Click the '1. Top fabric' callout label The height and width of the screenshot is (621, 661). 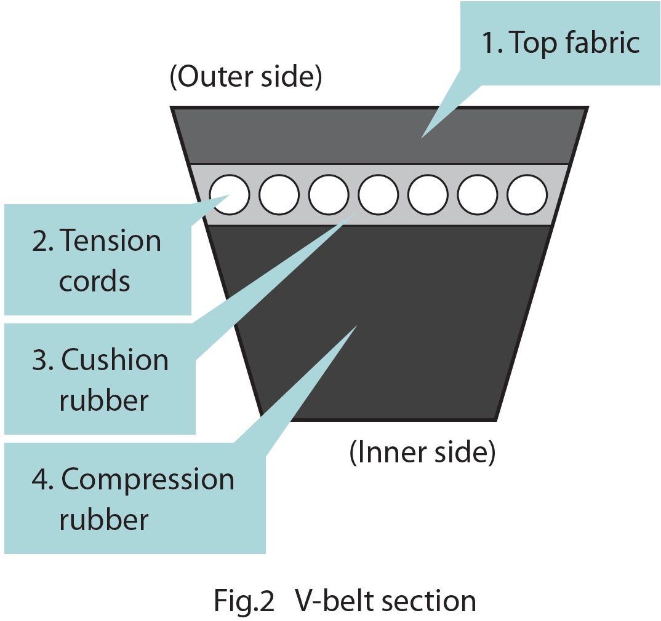tap(560, 43)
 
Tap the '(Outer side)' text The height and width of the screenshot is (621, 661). tap(246, 78)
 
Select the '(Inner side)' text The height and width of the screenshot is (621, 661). tap(422, 453)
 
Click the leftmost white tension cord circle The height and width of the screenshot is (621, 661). tap(230, 194)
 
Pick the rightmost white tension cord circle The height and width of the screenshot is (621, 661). tap(527, 194)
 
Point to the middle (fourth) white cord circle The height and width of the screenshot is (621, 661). tap(378, 194)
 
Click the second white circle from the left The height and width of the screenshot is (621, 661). tap(279, 194)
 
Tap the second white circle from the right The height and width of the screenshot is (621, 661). tap(478, 194)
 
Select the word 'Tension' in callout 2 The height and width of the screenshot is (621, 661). tap(111, 240)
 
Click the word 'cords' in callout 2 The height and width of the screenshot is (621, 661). tap(95, 281)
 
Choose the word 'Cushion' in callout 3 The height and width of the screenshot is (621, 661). tap(115, 360)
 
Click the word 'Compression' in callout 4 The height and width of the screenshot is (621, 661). tap(148, 480)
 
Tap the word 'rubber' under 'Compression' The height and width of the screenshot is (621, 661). tap(104, 520)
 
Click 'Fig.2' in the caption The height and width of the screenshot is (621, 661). tap(244, 601)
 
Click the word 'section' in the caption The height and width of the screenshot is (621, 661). tap(428, 601)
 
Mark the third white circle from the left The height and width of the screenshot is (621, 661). tap(329, 194)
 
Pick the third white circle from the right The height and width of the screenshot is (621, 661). tap(428, 194)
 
